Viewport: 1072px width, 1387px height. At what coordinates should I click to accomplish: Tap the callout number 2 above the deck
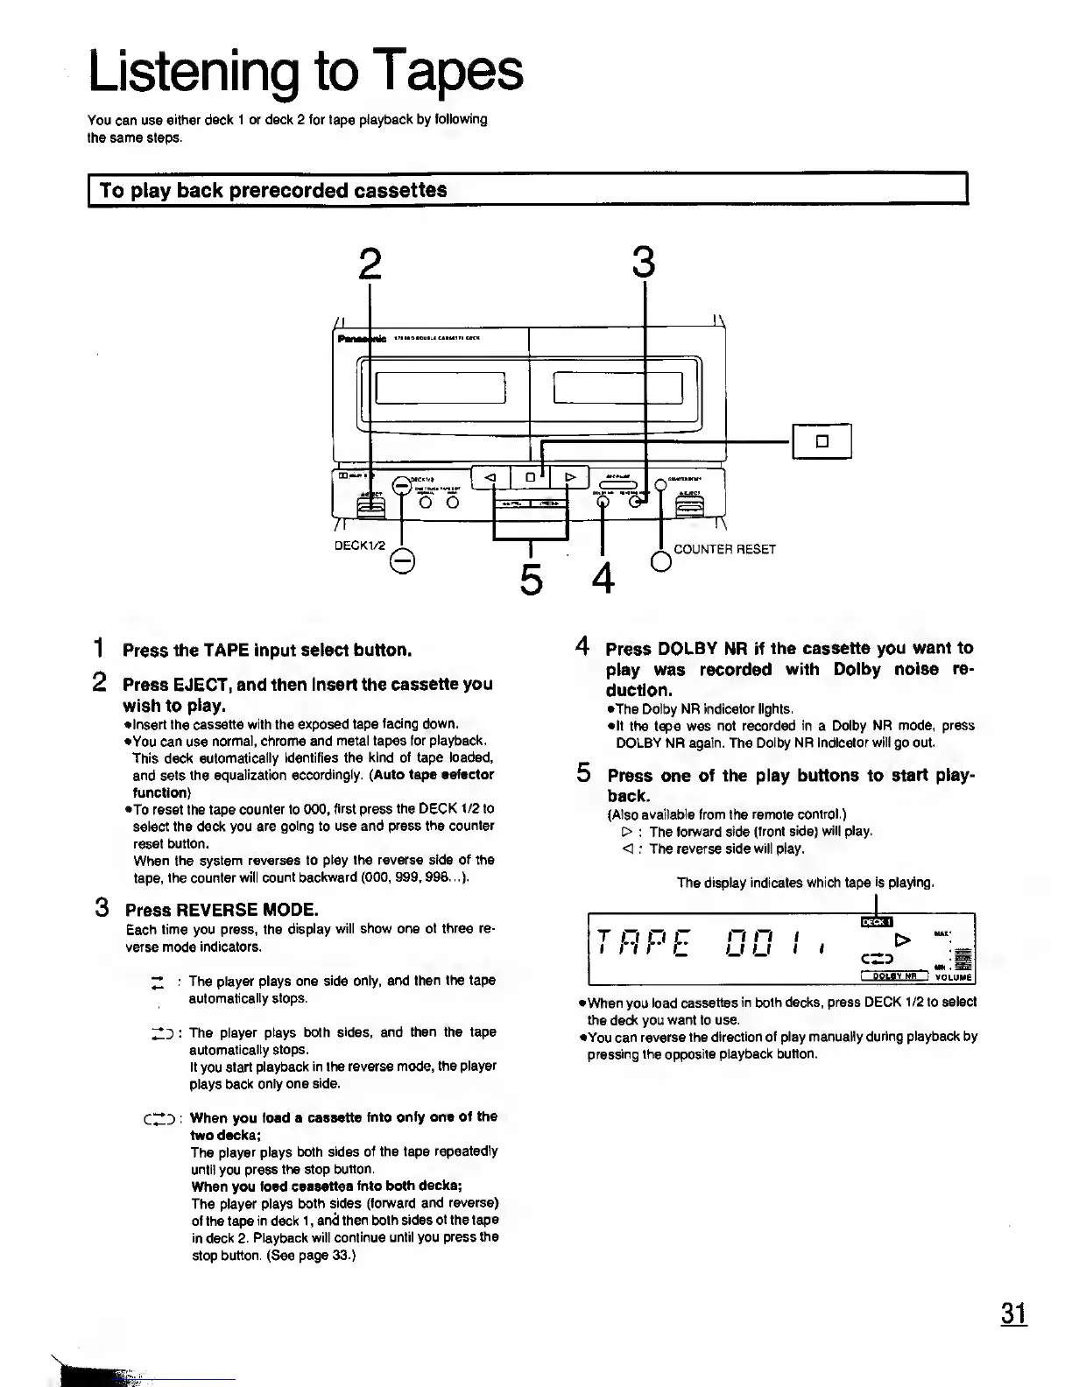point(371,263)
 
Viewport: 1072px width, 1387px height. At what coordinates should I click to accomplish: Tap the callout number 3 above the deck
point(644,263)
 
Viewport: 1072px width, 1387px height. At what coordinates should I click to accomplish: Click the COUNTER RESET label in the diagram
point(724,549)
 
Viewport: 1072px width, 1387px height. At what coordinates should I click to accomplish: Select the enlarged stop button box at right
point(822,440)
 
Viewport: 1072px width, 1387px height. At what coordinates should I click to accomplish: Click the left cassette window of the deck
point(441,386)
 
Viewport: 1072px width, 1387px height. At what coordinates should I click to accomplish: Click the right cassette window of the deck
point(618,386)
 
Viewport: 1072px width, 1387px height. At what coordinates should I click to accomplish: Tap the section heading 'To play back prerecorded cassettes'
point(273,190)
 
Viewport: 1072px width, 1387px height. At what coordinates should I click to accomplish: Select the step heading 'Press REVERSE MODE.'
point(222,909)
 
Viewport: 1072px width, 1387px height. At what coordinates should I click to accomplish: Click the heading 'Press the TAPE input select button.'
point(267,650)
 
